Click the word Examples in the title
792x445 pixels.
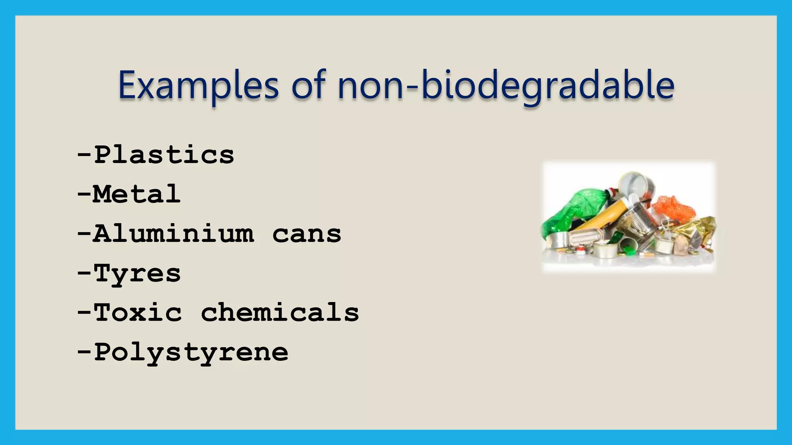point(198,85)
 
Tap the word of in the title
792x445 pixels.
point(308,85)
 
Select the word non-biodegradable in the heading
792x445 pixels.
point(506,85)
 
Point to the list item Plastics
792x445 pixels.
point(164,155)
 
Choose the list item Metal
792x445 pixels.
point(137,194)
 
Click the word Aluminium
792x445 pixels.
point(174,234)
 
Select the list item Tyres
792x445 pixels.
point(137,274)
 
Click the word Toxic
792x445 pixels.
point(138,313)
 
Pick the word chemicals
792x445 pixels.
point(280,313)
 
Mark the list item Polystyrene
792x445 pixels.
point(191,353)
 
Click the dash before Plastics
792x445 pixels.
point(84,155)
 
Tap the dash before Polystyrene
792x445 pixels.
point(84,353)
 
